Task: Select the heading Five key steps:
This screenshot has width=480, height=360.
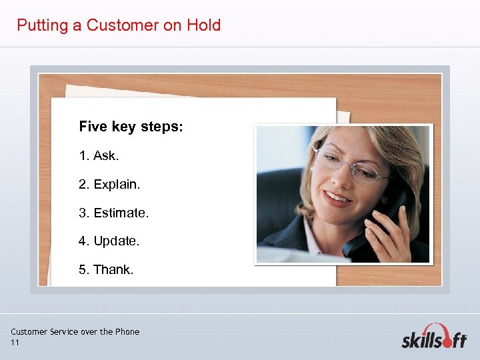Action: click(x=131, y=127)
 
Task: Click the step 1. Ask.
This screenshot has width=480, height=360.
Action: click(x=98, y=155)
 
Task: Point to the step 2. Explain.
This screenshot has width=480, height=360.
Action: click(x=109, y=184)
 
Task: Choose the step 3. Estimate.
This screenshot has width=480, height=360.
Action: click(x=113, y=213)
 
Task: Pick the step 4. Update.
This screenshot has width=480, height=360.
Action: click(x=109, y=241)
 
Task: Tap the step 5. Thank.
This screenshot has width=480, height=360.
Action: click(x=106, y=270)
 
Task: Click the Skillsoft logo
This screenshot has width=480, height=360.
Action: click(x=434, y=337)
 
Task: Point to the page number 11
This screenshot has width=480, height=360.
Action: click(x=15, y=343)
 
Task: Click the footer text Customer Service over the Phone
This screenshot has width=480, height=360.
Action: click(x=75, y=331)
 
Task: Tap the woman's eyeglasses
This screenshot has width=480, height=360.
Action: click(x=350, y=165)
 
